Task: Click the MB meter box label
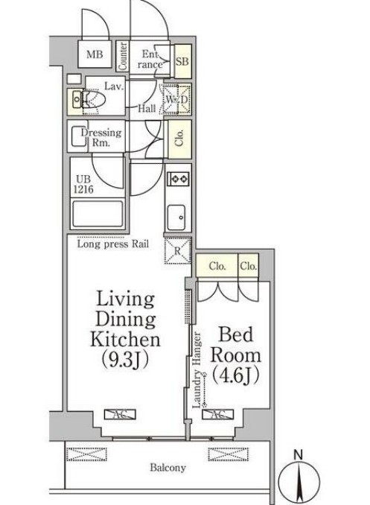click(95, 54)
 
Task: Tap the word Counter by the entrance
click(123, 56)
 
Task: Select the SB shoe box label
click(182, 61)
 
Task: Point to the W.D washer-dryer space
click(176, 100)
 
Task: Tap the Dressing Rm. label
click(101, 138)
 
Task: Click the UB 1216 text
click(83, 184)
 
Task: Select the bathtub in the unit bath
click(98, 214)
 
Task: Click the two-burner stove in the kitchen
click(178, 178)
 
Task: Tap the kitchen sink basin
click(176, 217)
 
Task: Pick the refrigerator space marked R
click(178, 250)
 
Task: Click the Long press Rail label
click(113, 244)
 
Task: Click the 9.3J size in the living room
click(125, 360)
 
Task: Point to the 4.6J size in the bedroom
click(236, 375)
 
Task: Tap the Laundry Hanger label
click(197, 370)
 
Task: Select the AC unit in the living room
click(120, 414)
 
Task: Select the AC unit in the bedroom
click(217, 414)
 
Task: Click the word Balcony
click(168, 468)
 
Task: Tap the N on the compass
click(299, 455)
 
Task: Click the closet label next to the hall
click(180, 139)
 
